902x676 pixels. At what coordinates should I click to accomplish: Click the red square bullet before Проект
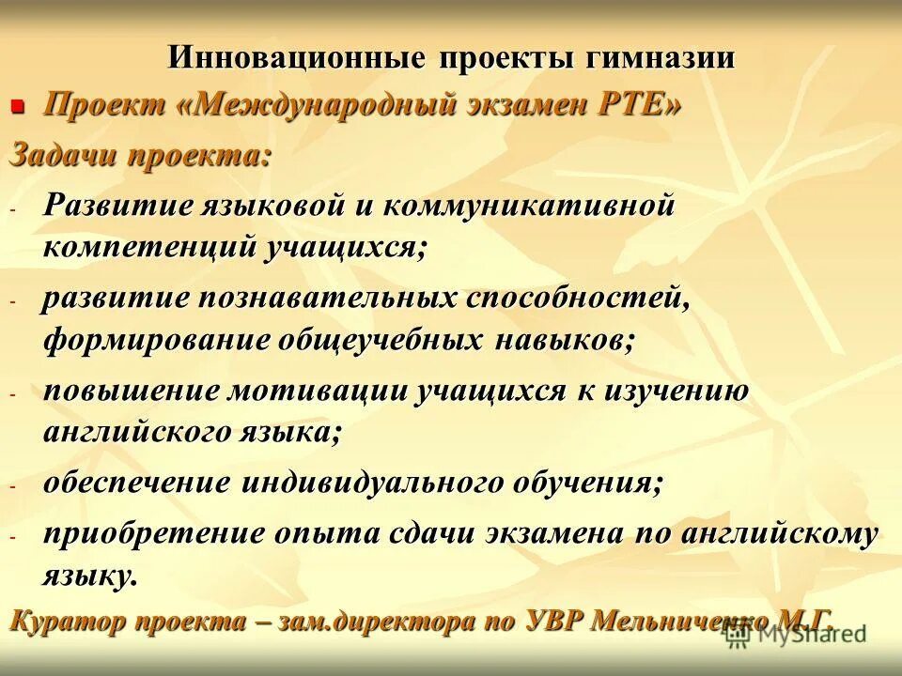click(x=16, y=107)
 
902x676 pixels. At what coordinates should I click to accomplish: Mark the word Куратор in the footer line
click(x=66, y=622)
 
